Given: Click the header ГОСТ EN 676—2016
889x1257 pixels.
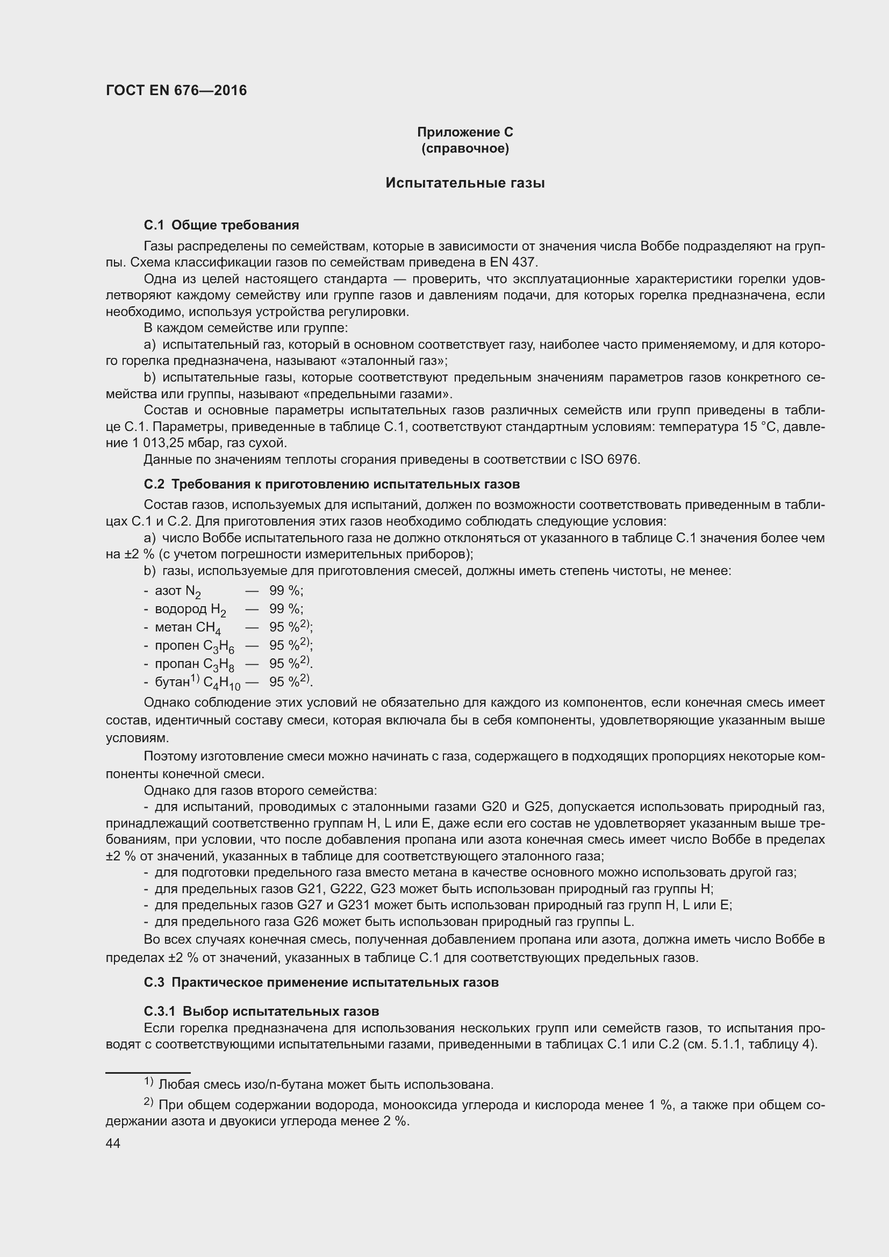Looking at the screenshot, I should pos(176,90).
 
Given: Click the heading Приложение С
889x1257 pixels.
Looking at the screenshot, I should pos(465,132).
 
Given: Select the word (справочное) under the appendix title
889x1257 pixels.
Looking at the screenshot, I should pos(465,149).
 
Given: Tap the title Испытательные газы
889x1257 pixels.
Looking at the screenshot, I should pos(465,183).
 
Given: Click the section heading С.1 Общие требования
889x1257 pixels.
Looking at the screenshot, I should pos(221,225).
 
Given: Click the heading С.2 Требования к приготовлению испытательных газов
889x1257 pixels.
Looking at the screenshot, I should pos(332,485).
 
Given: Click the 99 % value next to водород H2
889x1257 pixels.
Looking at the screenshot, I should pos(286,609).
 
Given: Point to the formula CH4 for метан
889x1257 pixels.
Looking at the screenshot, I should pos(208,628).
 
